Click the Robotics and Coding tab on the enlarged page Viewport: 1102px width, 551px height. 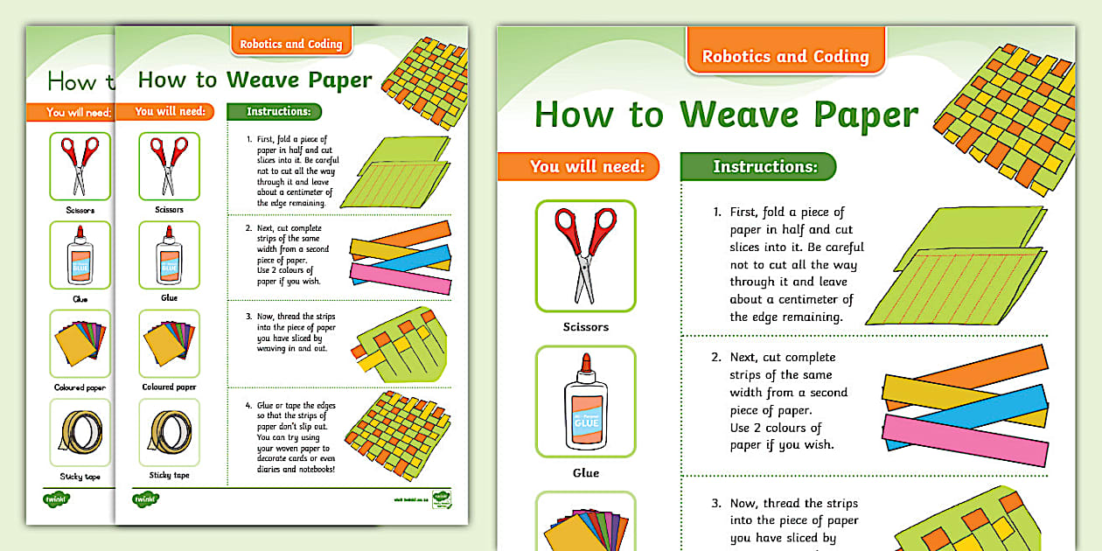[785, 57]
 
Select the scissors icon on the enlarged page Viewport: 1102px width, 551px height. [585, 255]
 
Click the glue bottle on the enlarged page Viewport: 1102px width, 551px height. [585, 401]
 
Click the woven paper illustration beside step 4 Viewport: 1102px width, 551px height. [398, 429]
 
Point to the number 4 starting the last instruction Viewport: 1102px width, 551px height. [248, 406]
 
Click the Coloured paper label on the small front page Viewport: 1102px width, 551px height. [169, 387]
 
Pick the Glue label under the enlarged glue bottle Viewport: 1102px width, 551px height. [585, 473]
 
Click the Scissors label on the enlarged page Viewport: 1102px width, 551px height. [585, 327]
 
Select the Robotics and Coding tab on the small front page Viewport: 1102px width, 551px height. [291, 44]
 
